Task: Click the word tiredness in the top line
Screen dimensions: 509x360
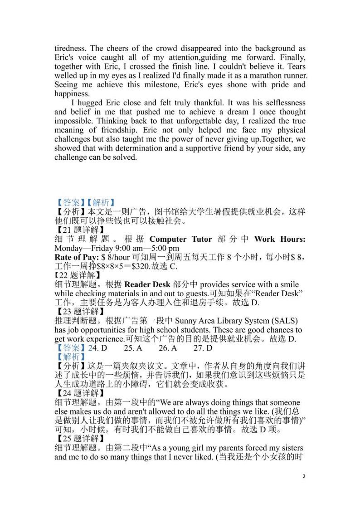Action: tap(70, 49)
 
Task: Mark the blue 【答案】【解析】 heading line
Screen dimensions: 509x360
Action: tap(85, 202)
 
